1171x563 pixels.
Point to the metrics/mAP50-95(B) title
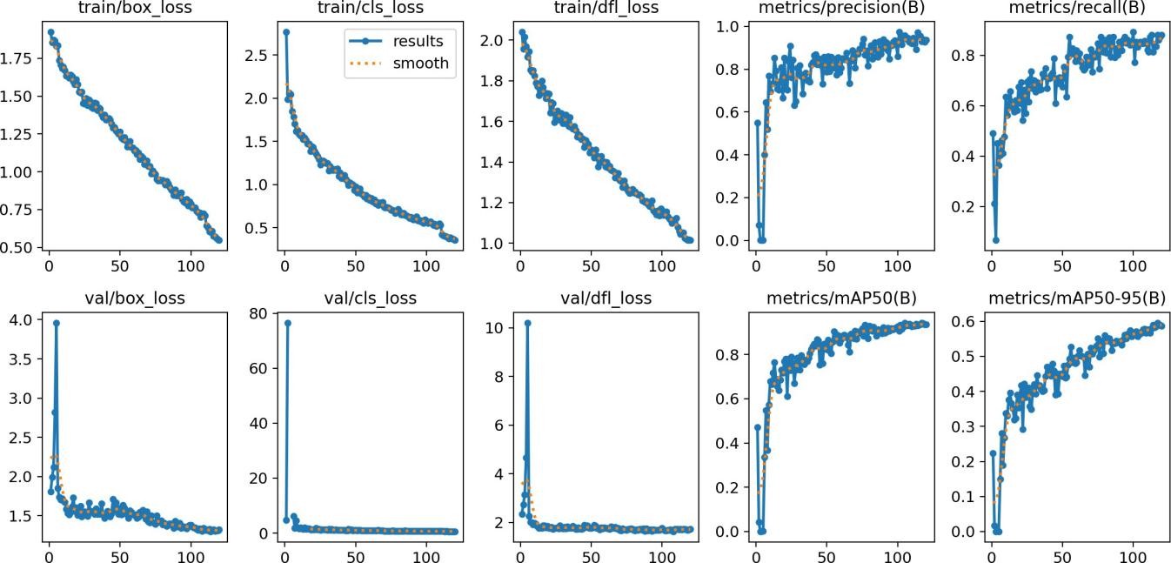coord(1077,298)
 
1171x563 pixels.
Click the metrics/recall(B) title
coord(1077,8)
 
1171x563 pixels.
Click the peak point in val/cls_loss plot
coord(287,323)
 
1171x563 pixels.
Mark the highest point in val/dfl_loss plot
coord(527,323)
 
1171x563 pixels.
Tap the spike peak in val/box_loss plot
coord(57,323)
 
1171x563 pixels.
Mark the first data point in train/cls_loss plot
coord(286,32)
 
